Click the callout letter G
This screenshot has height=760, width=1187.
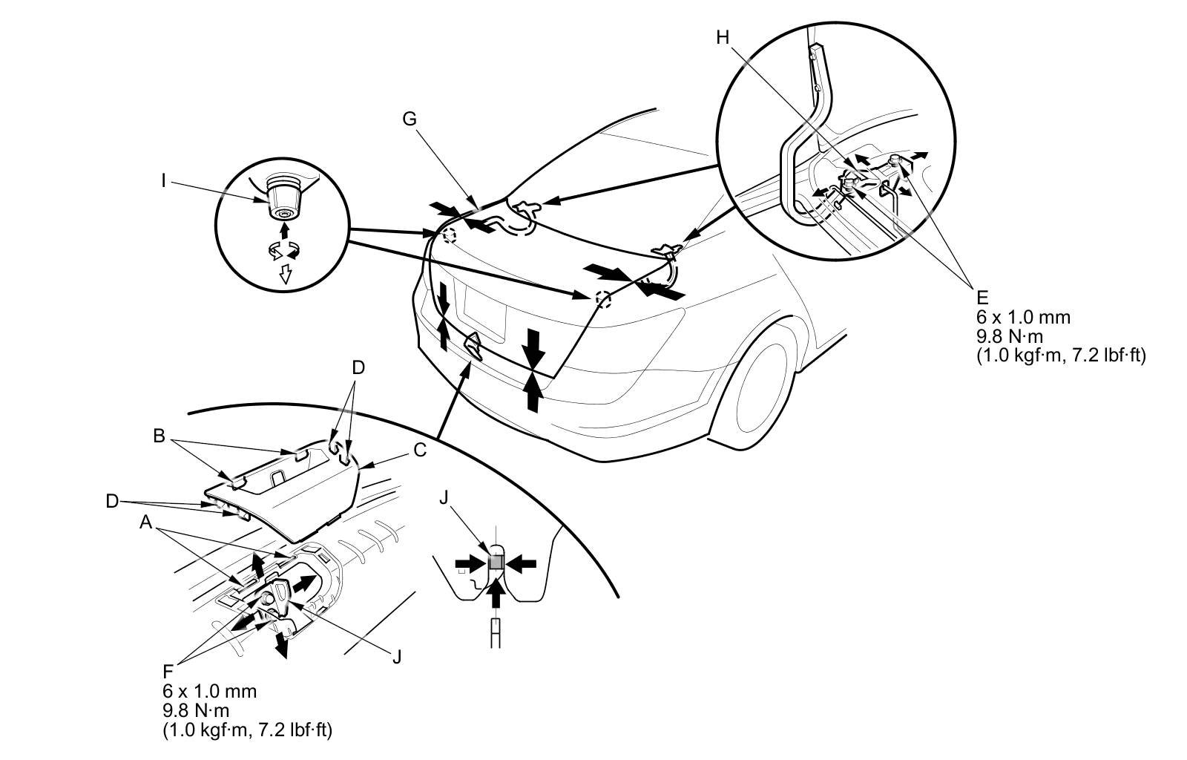coord(410,119)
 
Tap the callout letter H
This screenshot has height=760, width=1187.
coord(723,38)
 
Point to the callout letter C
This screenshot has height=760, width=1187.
coord(420,450)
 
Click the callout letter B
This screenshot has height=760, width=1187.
coord(159,436)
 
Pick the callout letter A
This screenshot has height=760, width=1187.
coord(146,523)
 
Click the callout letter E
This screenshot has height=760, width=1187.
coord(982,298)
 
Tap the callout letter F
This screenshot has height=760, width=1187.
coord(168,672)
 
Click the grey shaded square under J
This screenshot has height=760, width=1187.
coord(496,563)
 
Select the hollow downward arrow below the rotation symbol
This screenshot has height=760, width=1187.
coord(283,276)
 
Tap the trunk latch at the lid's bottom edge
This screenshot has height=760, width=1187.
coord(472,345)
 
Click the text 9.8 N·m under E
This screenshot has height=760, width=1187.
coord(1010,336)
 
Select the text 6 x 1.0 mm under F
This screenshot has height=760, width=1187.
coord(210,691)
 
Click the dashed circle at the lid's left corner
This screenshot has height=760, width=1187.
coord(448,236)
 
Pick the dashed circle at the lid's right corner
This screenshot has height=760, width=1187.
coord(602,299)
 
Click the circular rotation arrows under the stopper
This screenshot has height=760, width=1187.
coord(282,252)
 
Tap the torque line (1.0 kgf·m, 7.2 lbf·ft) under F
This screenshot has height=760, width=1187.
coord(247,730)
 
